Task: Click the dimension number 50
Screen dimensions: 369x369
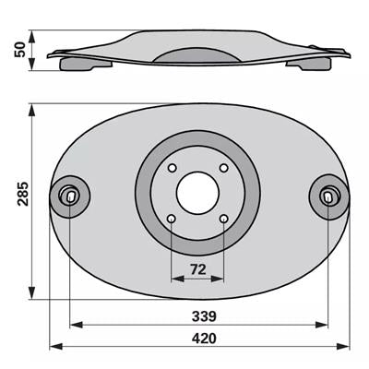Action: click(x=20, y=50)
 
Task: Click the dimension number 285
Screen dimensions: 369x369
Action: click(x=23, y=194)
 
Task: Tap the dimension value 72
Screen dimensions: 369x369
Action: click(x=198, y=269)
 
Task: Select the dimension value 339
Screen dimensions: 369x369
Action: click(x=204, y=316)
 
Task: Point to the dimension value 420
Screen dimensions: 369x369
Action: click(x=204, y=339)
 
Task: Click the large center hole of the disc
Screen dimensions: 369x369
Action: click(x=197, y=193)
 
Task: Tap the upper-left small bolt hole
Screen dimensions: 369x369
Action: click(x=172, y=168)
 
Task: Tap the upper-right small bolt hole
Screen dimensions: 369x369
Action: click(x=224, y=168)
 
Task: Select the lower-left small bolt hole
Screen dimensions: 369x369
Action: click(x=172, y=219)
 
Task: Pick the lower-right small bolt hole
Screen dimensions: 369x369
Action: click(x=224, y=219)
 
